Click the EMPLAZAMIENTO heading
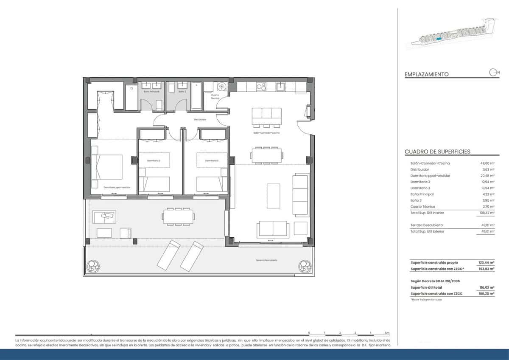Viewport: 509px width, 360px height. coord(426,74)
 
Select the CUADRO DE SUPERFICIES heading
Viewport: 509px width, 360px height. coord(437,152)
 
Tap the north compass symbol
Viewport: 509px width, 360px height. coord(493,73)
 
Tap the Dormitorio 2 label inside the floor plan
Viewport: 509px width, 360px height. coord(153,161)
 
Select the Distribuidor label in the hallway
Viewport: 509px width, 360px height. coord(200,120)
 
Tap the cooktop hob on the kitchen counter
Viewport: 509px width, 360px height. coord(260,87)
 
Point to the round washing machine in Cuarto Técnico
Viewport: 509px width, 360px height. coord(222,87)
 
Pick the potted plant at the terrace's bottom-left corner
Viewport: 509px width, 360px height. coord(92,267)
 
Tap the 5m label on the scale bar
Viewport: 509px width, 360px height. coord(386,333)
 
